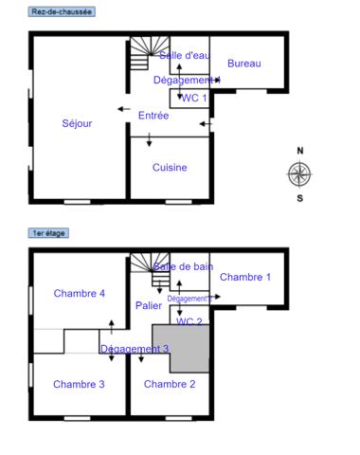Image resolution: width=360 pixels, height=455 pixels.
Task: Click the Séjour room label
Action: (x=77, y=123)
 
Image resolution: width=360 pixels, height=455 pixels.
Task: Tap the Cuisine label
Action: (x=170, y=168)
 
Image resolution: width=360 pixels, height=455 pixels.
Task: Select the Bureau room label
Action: (x=243, y=64)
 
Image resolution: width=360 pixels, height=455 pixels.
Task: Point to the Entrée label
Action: (x=153, y=116)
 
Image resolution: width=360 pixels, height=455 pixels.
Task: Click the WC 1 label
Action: (x=194, y=98)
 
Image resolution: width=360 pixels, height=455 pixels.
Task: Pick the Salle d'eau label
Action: (x=184, y=55)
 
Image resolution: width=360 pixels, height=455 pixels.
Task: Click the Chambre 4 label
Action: (x=80, y=293)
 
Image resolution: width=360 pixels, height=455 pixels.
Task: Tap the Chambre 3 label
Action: (x=79, y=384)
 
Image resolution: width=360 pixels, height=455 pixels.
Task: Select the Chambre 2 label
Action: (x=170, y=384)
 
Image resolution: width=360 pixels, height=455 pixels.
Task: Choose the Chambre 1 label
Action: (x=245, y=277)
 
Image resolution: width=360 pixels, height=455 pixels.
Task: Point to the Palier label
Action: (x=148, y=305)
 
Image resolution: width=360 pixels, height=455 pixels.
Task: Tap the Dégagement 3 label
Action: (x=135, y=349)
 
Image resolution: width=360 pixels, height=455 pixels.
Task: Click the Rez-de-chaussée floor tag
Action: (x=62, y=10)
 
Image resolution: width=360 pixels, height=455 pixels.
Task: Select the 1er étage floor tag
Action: (x=49, y=232)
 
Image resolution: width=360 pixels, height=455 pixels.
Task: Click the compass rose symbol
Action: (x=299, y=173)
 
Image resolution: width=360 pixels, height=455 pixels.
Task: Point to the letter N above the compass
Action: (x=300, y=151)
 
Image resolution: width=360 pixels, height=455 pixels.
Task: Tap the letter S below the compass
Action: (x=300, y=198)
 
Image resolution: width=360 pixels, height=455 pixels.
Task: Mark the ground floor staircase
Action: (x=140, y=54)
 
